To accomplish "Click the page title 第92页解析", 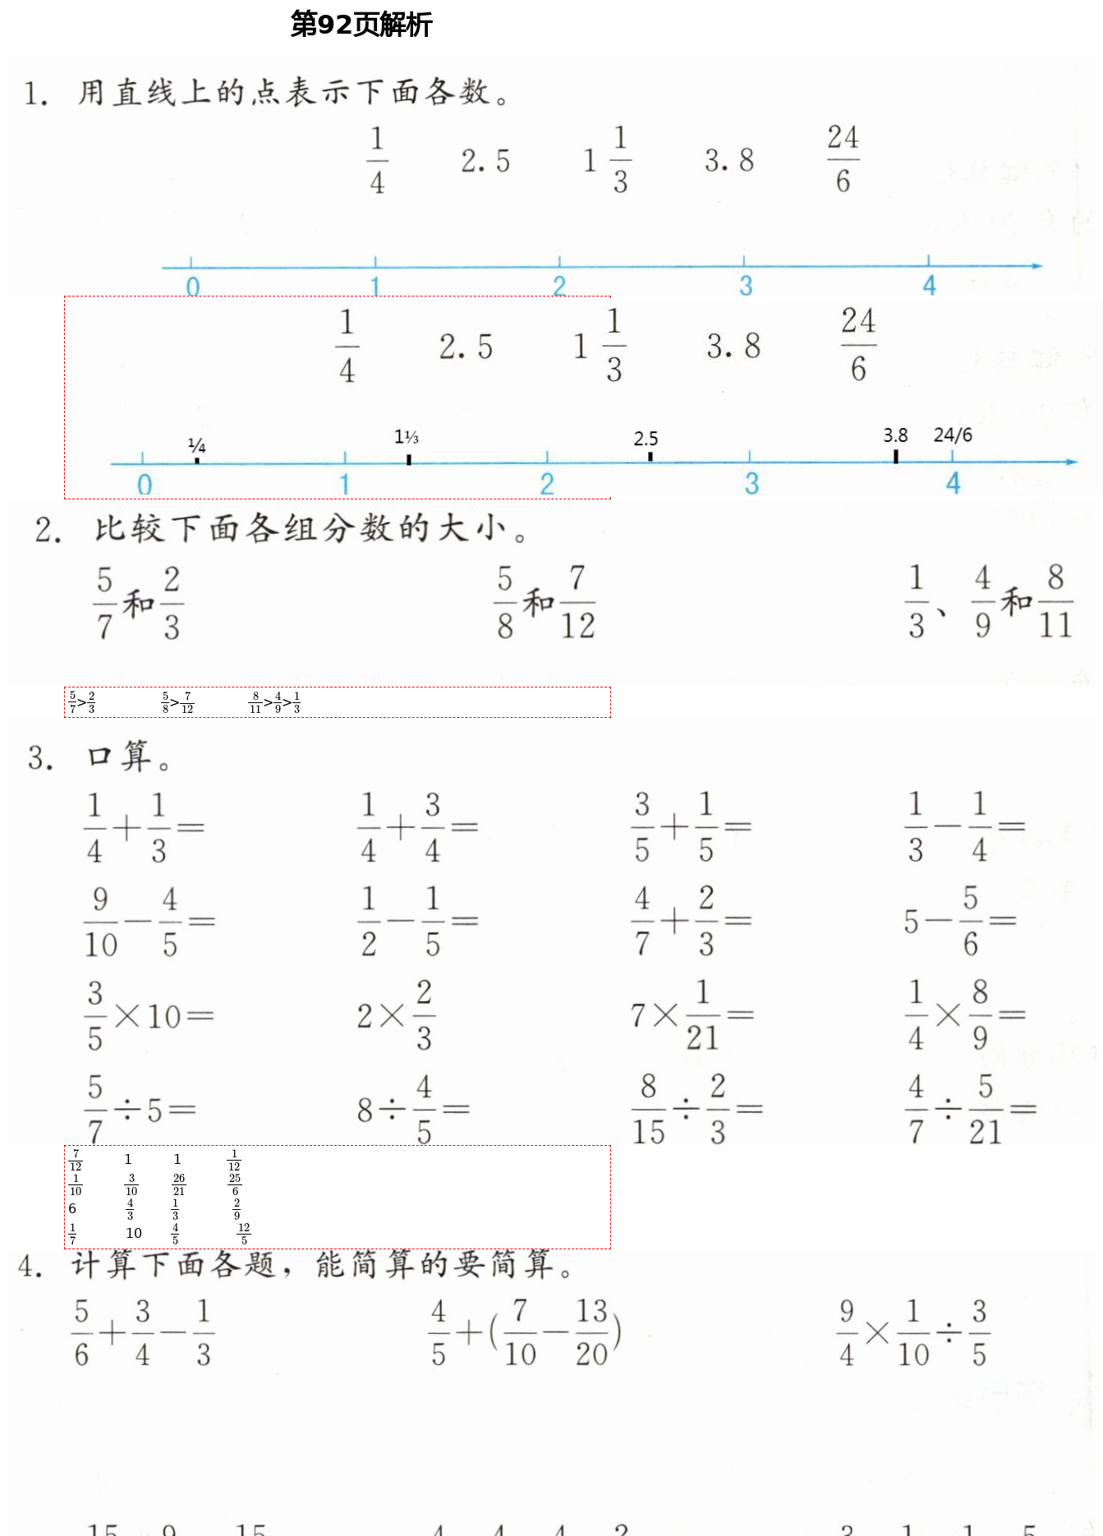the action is point(361,25).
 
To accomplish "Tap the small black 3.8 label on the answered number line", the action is point(895,435).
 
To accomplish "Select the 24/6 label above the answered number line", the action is point(953,435).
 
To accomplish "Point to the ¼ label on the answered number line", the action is point(196,446).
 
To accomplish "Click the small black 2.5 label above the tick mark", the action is point(646,439).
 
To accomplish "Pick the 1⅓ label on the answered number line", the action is point(407,437).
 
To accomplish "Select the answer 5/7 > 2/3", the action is point(82,702).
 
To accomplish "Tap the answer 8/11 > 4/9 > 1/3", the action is point(275,702).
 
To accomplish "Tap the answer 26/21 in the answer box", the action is point(179,1184).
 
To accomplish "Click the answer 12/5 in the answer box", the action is point(244,1233).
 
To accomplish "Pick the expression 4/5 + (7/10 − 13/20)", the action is point(526,1332).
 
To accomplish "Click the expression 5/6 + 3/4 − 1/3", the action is point(144,1332).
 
